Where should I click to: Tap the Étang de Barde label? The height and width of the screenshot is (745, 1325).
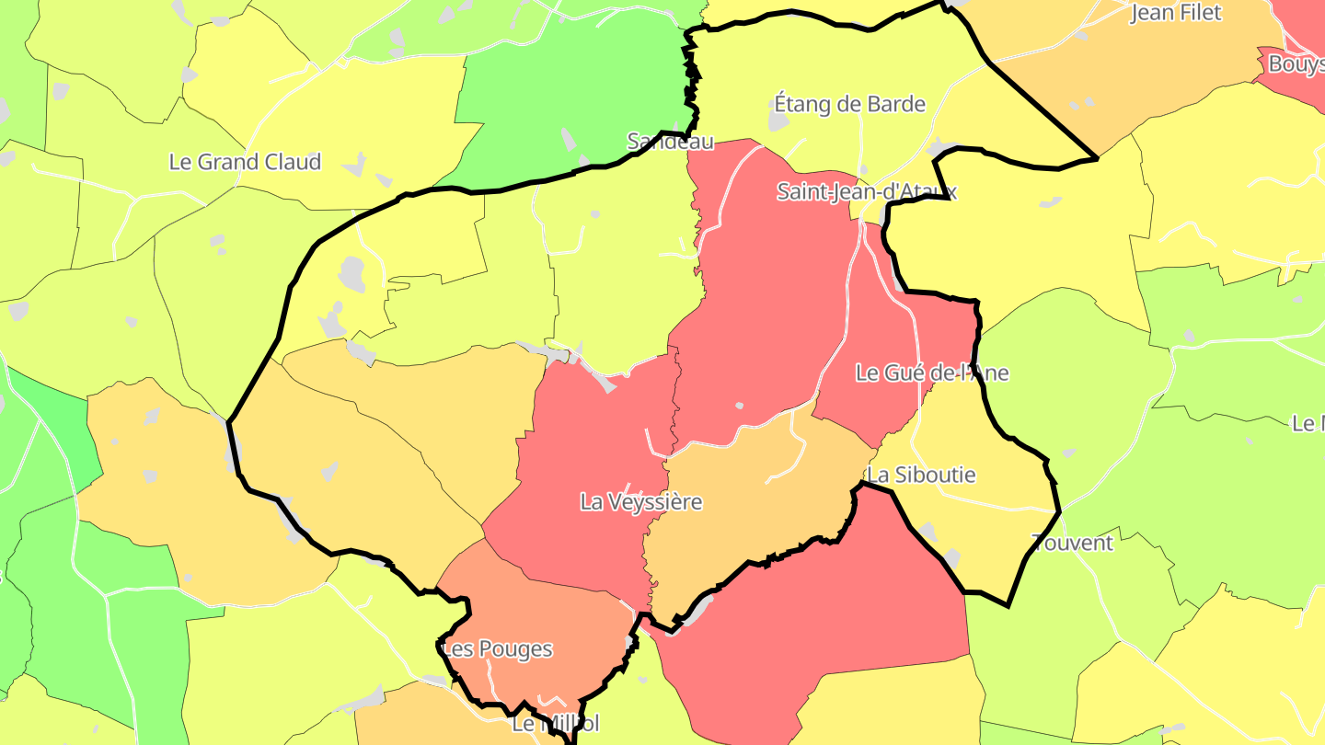point(849,104)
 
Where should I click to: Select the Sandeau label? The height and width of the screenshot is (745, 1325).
point(670,141)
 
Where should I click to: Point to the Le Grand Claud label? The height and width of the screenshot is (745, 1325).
point(245,162)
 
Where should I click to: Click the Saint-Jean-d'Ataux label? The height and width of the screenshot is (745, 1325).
point(867,191)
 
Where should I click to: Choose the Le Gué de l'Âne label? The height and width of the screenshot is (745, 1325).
point(931,372)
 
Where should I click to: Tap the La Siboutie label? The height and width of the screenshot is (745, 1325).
point(922,476)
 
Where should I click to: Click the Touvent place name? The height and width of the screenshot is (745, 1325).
point(1072,543)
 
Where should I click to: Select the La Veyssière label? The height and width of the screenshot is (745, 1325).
point(640,502)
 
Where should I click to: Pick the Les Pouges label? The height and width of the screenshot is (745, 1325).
point(498,649)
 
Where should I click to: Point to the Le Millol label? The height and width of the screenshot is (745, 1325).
point(555,724)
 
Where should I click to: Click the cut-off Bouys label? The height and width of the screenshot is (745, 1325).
point(1296,64)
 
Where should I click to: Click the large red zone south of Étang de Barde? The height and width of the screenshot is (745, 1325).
point(773,294)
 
